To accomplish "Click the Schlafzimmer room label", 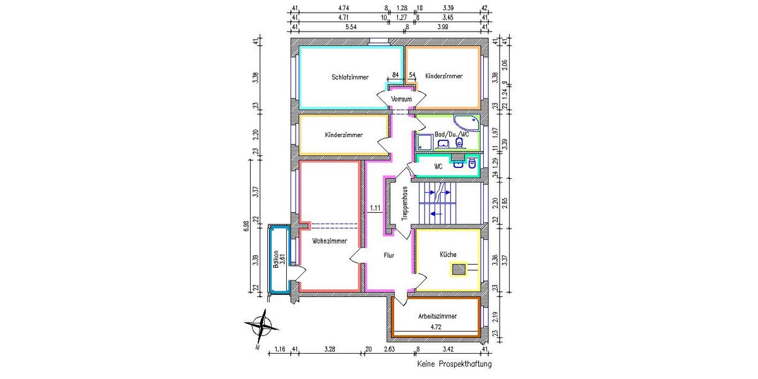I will point(350,78).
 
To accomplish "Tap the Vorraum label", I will point(402,100).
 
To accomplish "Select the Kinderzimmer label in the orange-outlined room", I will point(443,76).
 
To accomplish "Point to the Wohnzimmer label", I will point(330,249).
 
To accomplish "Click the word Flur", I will point(389,256).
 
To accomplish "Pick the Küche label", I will point(448,254).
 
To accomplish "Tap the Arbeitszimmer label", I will point(436,316).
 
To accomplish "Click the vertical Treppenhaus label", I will point(404,203).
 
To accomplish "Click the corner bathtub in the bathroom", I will point(467,123).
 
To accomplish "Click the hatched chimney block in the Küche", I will point(459,270).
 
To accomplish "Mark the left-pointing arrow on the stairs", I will point(436,214).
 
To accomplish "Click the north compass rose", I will point(261,327).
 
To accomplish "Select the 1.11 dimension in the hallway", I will point(375,208).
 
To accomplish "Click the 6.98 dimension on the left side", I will point(247,227).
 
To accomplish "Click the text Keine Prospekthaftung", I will point(454,364).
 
